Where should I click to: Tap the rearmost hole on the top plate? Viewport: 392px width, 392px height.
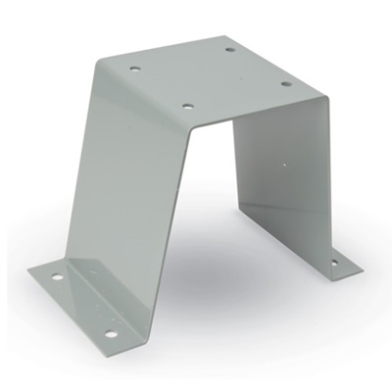click(229, 49)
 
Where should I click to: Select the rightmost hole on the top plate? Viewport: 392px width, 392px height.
click(286, 83)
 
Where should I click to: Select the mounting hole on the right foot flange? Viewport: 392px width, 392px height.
click(332, 263)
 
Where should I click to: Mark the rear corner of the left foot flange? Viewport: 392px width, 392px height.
click(29, 271)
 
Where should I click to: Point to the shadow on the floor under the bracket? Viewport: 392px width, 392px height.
click(225, 284)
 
